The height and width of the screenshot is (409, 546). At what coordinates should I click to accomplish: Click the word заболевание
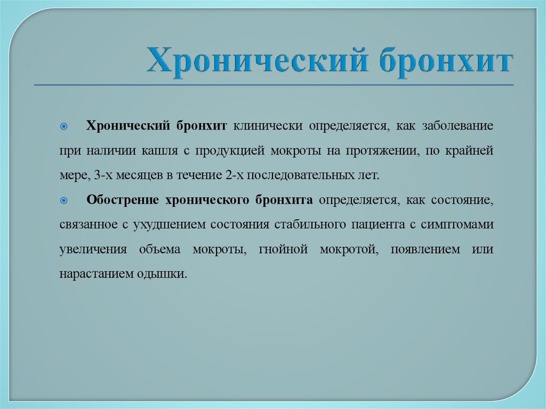(x=458, y=126)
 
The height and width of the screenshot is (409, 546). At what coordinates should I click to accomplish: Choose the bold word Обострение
(x=122, y=200)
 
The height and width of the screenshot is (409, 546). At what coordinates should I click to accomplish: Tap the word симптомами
(x=457, y=224)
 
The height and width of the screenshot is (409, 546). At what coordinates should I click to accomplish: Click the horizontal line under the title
(x=274, y=85)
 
